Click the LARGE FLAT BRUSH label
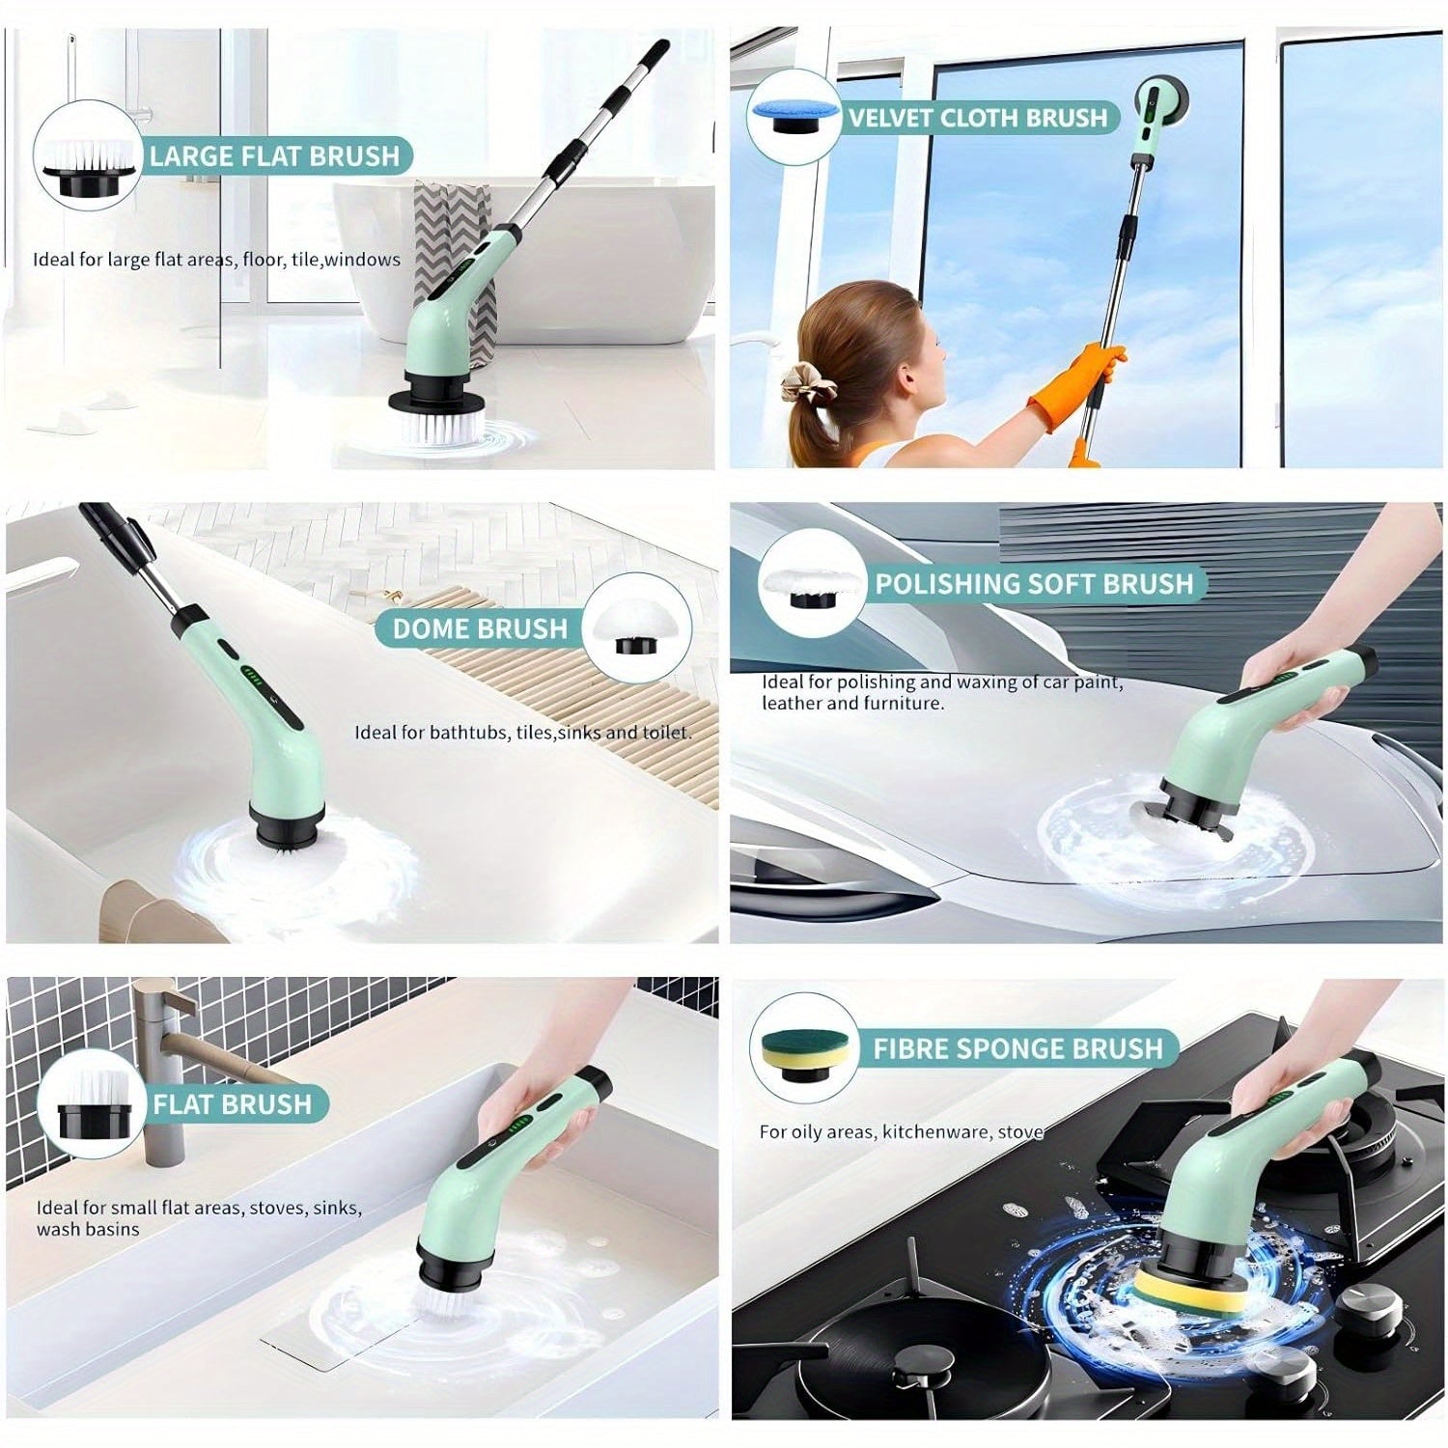(274, 155)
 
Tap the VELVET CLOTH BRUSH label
(978, 118)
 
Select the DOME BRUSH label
(480, 628)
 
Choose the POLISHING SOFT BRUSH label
(1034, 583)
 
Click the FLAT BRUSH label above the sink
(233, 1104)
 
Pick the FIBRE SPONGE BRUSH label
(1017, 1048)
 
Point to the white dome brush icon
(636, 627)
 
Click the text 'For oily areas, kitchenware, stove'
(901, 1131)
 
